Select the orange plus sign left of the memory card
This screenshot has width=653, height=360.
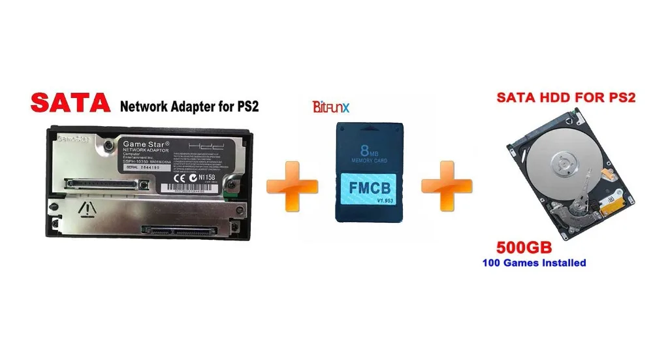pyautogui.click(x=292, y=187)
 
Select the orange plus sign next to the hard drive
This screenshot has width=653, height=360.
pyautogui.click(x=446, y=187)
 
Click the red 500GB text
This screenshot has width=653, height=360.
pyautogui.click(x=524, y=248)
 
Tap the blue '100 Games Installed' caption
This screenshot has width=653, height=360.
pyautogui.click(x=534, y=263)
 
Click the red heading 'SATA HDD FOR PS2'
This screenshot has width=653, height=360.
pyautogui.click(x=566, y=98)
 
